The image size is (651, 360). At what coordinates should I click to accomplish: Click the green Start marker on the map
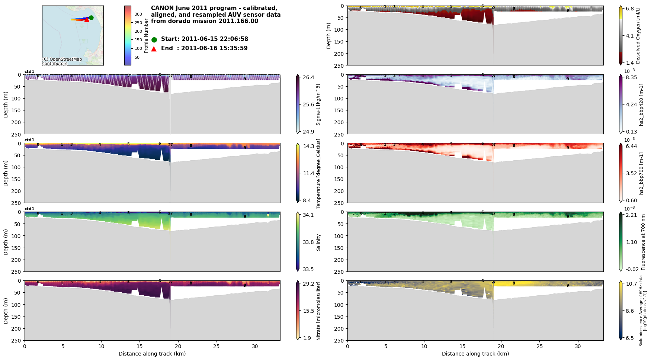click(x=91, y=17)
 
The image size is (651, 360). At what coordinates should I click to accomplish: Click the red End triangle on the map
click(x=87, y=20)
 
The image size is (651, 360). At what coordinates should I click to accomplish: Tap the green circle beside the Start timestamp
click(x=154, y=40)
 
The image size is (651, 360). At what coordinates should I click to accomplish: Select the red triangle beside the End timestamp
click(x=154, y=49)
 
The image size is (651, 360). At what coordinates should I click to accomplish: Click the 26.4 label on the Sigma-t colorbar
click(x=308, y=77)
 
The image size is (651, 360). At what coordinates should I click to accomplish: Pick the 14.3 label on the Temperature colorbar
click(x=308, y=146)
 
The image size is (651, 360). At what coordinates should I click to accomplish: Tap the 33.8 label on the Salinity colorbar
click(x=308, y=242)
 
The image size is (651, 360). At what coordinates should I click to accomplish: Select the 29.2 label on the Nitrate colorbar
click(x=308, y=283)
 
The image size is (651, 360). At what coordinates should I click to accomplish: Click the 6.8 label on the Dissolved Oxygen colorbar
click(x=630, y=9)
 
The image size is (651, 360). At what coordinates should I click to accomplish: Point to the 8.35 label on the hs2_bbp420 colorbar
click(x=632, y=77)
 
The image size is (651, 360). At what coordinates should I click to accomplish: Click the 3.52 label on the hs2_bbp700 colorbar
click(x=632, y=173)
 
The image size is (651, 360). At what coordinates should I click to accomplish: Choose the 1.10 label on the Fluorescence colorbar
click(x=632, y=242)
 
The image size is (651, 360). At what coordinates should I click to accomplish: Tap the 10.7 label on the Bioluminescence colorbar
click(x=632, y=283)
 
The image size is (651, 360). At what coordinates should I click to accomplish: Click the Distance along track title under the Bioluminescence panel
click(x=475, y=354)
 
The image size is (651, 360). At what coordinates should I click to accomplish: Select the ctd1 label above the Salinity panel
click(x=29, y=209)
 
